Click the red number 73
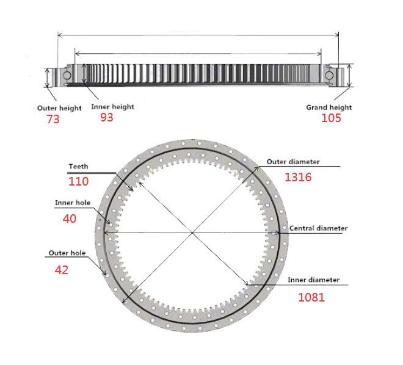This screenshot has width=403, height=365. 53,119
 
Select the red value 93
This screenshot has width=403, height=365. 107,117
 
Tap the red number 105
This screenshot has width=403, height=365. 332,118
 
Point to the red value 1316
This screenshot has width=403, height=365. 298,177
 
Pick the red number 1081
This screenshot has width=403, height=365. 311,297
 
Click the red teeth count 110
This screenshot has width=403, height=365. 78,182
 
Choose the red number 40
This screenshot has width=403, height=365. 70,219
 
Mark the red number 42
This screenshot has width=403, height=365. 62,270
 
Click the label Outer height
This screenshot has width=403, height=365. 59,108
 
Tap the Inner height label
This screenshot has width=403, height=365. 113,107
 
